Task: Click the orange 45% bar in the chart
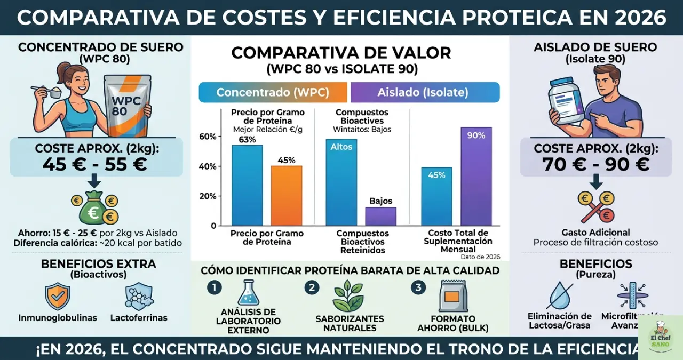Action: [287, 195]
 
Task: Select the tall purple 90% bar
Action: [476, 176]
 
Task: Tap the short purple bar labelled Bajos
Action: [380, 216]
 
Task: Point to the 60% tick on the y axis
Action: [208, 137]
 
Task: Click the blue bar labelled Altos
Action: [341, 182]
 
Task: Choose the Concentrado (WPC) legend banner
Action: [273, 92]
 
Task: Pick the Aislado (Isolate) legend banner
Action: [425, 92]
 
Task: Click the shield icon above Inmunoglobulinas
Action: [57, 297]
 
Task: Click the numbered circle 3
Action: [418, 287]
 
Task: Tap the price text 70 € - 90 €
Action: [596, 164]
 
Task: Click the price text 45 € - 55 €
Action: [94, 164]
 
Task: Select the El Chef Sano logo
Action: [661, 338]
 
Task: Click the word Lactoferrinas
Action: [139, 318]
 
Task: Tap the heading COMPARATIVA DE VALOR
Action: [341, 53]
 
